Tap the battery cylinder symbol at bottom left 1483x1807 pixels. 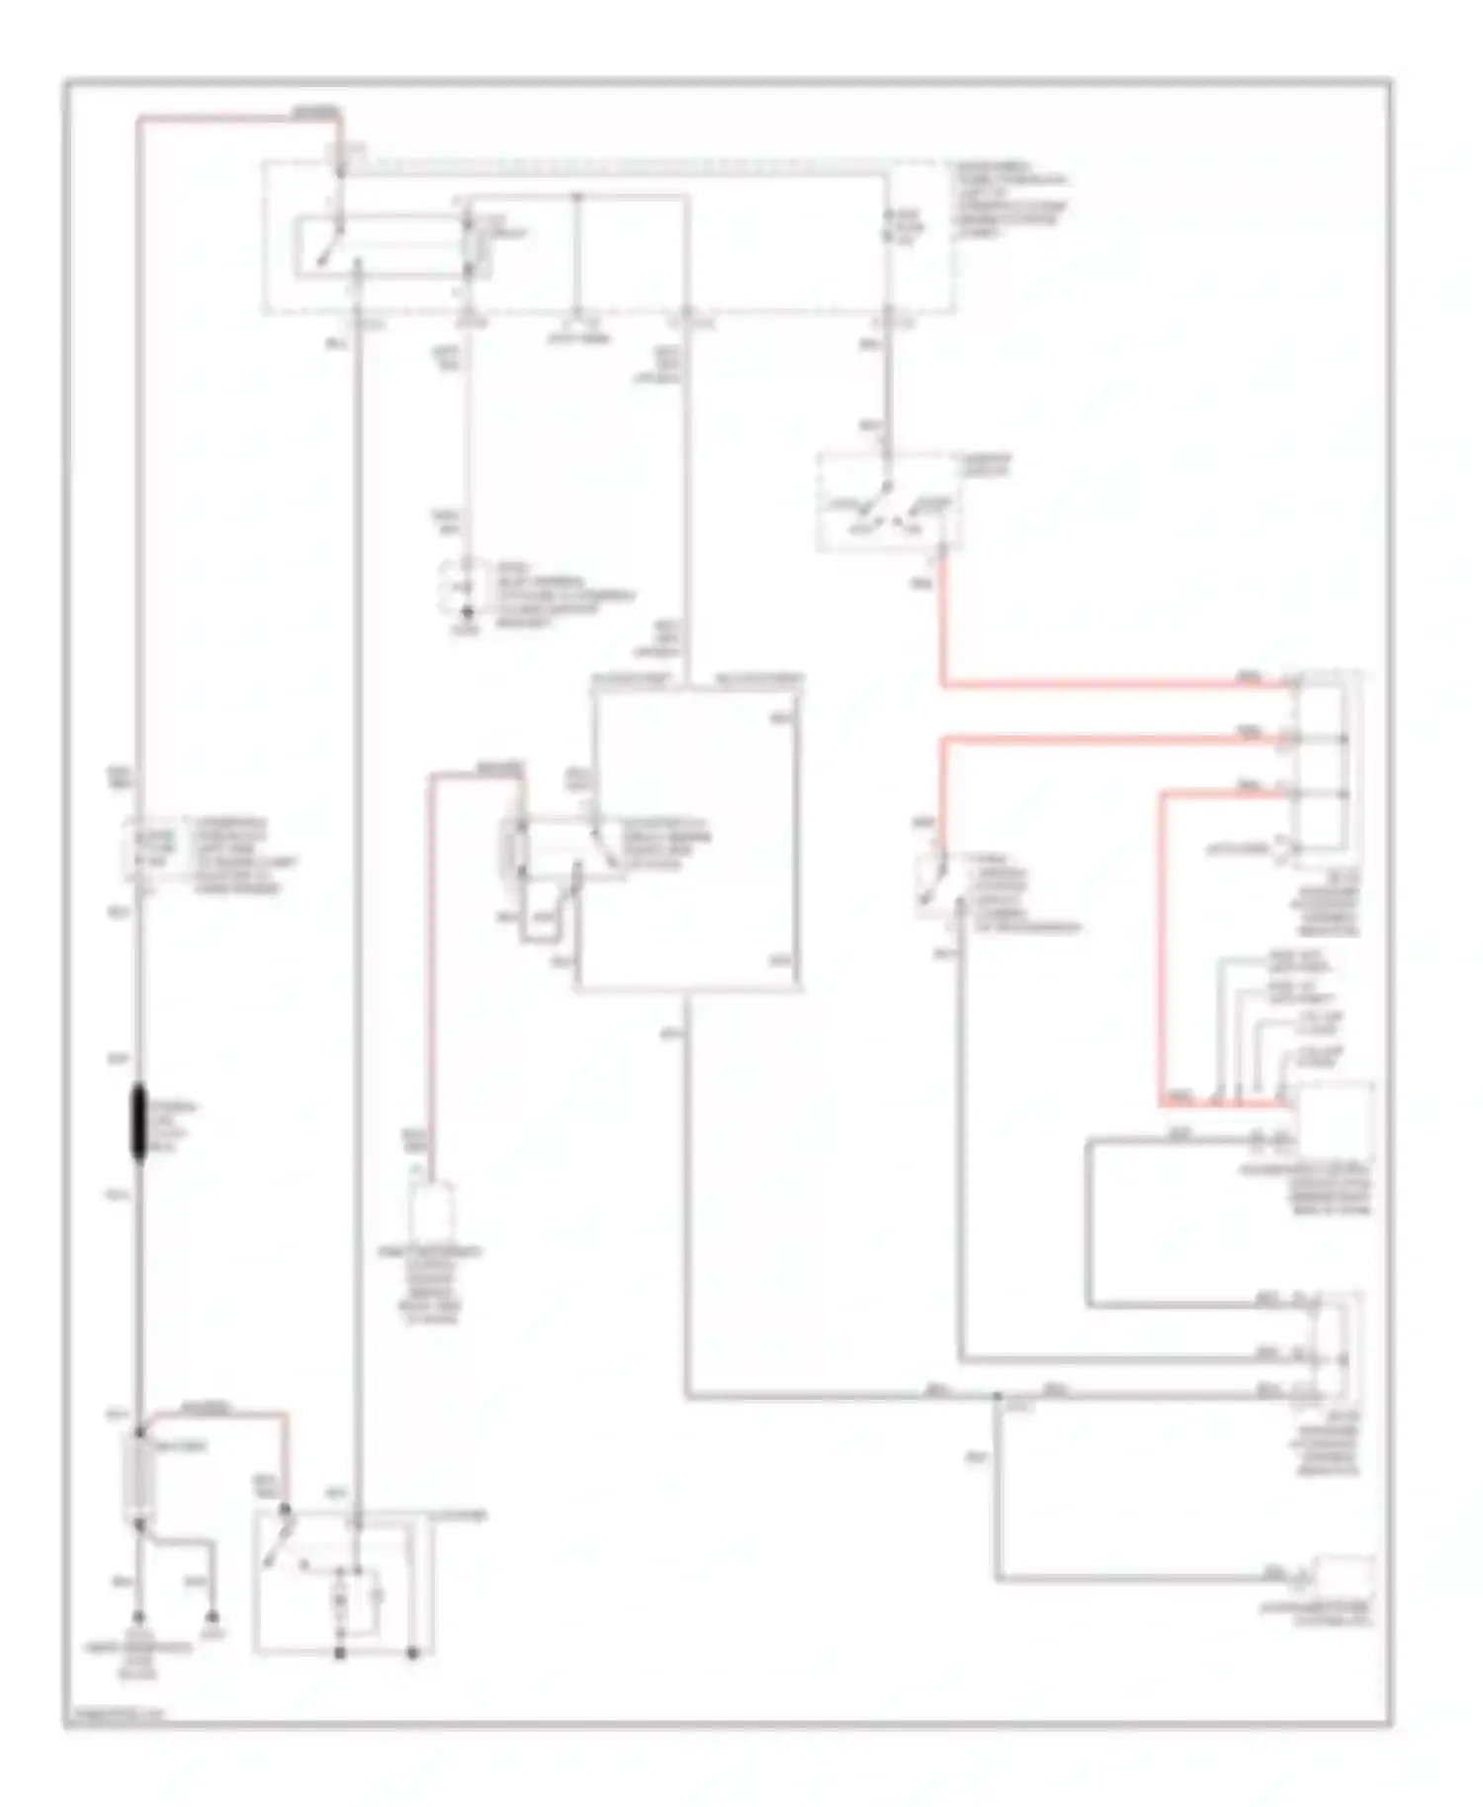pos(139,1477)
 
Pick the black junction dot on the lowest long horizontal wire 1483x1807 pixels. pos(999,1396)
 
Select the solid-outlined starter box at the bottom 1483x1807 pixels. pos(342,1582)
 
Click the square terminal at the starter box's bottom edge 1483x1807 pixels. pos(339,1652)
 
